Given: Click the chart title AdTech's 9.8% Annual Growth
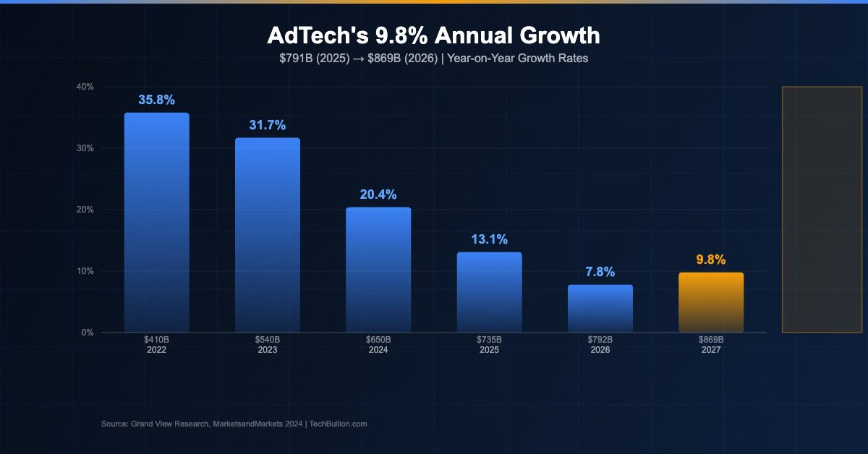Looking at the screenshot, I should (x=433, y=35).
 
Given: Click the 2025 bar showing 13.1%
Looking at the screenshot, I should (x=489, y=292).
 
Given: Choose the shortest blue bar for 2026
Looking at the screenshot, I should (x=600, y=309).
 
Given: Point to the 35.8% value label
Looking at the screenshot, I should (x=157, y=100).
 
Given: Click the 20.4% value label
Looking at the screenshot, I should (x=378, y=194).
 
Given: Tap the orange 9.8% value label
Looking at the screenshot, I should (x=711, y=260).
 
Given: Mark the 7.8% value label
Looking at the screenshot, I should (x=600, y=272).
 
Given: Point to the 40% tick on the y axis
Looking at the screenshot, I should (x=85, y=87).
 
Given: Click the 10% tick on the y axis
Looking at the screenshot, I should (x=85, y=271).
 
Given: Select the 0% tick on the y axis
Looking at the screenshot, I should (x=87, y=333).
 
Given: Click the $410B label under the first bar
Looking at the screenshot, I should (x=157, y=339).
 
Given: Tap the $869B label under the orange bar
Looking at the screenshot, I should (x=711, y=339).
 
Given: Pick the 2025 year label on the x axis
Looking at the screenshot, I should (x=489, y=349).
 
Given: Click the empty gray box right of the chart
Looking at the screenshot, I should (x=822, y=210).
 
